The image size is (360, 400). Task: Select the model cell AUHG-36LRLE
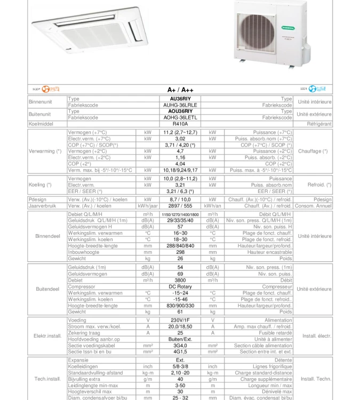point(179,105)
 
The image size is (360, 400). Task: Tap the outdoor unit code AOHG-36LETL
point(179,117)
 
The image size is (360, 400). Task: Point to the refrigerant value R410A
point(179,124)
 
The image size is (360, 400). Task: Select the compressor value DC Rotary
point(179,286)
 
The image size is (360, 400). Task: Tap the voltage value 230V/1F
point(179,321)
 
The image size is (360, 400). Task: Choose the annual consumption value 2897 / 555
point(179,205)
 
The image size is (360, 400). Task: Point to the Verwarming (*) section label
point(46,151)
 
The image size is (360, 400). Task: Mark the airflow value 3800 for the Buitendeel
point(179,280)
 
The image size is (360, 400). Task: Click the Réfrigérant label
point(316,124)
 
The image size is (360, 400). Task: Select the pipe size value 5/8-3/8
point(179,366)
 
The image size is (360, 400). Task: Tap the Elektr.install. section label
point(47,336)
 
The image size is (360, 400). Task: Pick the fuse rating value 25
point(179,333)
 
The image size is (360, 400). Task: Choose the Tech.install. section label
point(47,379)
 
